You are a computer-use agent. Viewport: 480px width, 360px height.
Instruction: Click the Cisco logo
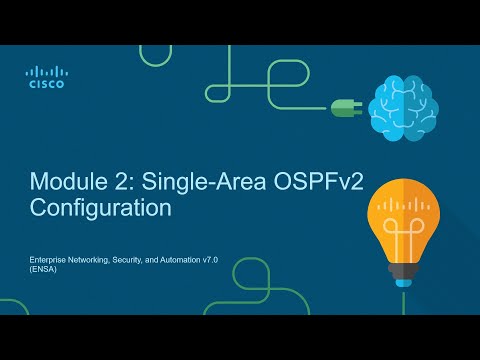point(45,77)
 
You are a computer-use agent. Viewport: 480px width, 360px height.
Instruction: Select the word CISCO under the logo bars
point(45,85)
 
